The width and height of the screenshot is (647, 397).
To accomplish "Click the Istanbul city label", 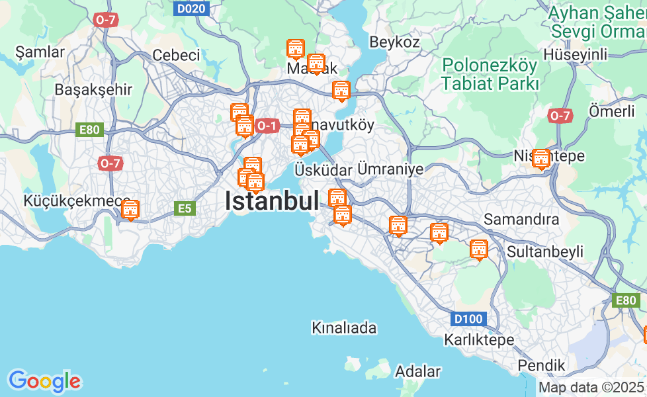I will click(271, 201).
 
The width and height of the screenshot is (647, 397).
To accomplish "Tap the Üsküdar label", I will click(323, 170).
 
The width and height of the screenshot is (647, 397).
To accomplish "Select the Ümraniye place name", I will click(390, 169).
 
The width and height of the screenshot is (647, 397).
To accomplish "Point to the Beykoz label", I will click(394, 42).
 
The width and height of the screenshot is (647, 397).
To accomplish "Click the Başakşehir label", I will click(93, 89).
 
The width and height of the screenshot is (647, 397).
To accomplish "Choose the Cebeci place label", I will click(176, 55).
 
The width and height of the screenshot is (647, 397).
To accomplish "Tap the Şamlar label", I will click(40, 52).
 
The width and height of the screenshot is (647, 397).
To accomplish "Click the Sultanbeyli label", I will click(545, 251).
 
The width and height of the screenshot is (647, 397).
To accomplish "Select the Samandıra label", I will click(521, 219).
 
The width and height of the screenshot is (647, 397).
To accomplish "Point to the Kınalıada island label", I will click(344, 328).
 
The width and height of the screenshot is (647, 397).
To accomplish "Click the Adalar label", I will click(417, 371).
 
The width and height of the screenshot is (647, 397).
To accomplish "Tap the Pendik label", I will click(541, 365).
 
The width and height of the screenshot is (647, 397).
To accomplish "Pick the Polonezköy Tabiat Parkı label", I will click(490, 74).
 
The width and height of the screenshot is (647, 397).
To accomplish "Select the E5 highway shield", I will click(185, 209).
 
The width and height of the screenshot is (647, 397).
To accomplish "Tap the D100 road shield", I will click(468, 320).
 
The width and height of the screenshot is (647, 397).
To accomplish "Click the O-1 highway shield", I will click(267, 125).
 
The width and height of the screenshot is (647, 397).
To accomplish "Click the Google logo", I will click(44, 381).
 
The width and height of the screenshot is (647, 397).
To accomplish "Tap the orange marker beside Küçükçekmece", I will click(130, 210).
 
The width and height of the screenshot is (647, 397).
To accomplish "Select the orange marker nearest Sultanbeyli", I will click(478, 249).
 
